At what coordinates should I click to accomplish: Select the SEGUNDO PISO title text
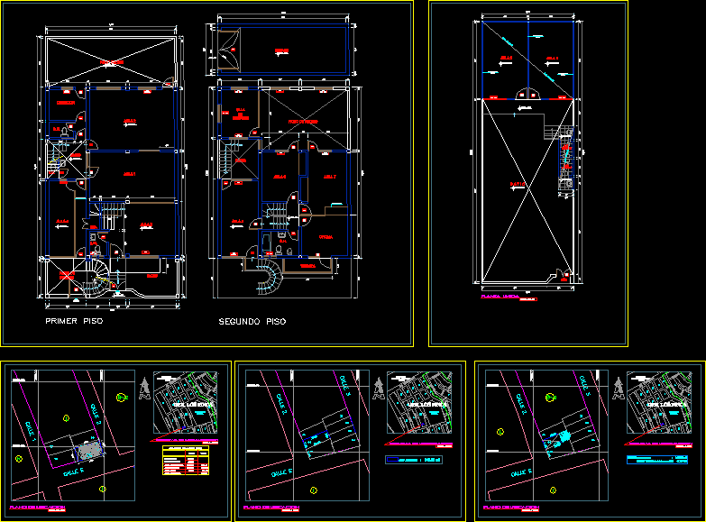click(x=252, y=321)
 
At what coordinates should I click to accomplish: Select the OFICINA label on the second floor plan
click(x=324, y=236)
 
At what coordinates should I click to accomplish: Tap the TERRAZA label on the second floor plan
click(x=307, y=266)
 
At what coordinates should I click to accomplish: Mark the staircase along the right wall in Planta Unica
click(x=565, y=160)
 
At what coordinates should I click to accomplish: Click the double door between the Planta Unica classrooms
click(x=528, y=93)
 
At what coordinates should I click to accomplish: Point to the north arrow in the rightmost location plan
click(x=618, y=389)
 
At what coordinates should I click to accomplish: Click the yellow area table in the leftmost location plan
click(x=184, y=460)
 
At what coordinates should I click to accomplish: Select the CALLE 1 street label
click(x=36, y=425)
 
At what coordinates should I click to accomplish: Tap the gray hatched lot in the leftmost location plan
click(x=87, y=449)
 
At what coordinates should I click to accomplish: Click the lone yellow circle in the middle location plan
click(x=312, y=490)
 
